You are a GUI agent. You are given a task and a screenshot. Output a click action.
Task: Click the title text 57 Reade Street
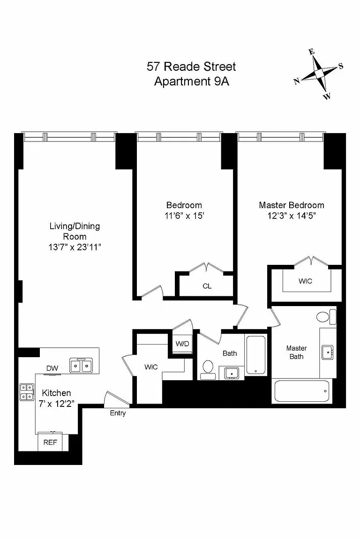(191, 67)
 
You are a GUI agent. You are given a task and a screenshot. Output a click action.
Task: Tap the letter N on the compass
(296, 81)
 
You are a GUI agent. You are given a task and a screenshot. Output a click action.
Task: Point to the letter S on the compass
(341, 66)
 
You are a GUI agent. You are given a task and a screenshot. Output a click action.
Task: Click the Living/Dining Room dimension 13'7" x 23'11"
(75, 247)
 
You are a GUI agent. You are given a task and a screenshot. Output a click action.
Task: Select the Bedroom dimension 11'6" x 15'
(184, 216)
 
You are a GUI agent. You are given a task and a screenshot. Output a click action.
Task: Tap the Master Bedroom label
(292, 205)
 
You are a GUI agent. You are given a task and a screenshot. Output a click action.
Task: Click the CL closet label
(207, 286)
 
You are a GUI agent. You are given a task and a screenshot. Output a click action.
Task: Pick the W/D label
(182, 344)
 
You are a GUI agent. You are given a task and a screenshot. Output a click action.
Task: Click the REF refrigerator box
(50, 442)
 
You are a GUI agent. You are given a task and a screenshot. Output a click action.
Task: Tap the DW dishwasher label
(52, 368)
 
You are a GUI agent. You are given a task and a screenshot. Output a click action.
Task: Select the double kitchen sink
(81, 366)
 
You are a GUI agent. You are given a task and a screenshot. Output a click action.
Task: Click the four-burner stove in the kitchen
(27, 392)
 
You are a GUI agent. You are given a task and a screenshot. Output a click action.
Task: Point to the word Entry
(118, 413)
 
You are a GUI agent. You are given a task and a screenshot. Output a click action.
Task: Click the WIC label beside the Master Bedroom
(305, 281)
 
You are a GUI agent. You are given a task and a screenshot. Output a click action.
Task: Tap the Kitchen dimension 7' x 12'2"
(57, 404)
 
